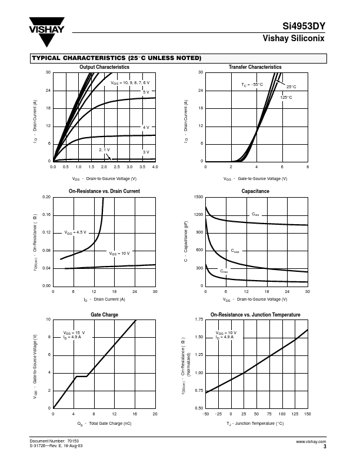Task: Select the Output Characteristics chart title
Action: [x=104, y=67]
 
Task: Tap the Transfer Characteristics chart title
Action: [x=255, y=67]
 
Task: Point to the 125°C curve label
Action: [x=286, y=97]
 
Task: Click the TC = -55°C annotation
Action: [x=252, y=85]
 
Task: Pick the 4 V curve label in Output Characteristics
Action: [x=146, y=127]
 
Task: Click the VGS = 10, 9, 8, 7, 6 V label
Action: [x=130, y=83]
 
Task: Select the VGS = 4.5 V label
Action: [x=75, y=232]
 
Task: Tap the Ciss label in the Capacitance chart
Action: [x=255, y=214]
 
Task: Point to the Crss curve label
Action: [x=224, y=271]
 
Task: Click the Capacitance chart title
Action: [x=255, y=191]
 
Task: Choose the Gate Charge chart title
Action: [x=104, y=315]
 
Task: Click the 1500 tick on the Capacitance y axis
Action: [x=198, y=197]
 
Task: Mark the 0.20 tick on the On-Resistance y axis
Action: [x=47, y=197]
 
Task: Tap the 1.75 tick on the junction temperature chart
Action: [x=198, y=319]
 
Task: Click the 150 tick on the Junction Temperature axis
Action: [x=308, y=414]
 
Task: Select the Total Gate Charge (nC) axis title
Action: [x=104, y=423]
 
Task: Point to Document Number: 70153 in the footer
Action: [x=54, y=441]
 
